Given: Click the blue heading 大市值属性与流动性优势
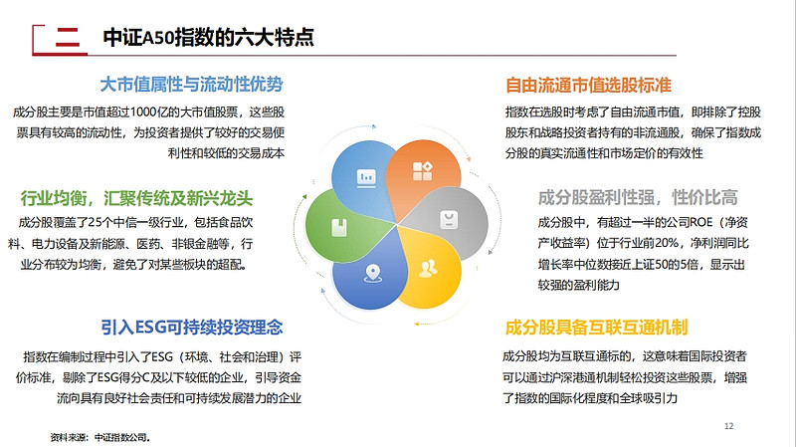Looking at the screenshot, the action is pos(191,85).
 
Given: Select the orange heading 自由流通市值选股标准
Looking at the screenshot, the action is pos(588,85).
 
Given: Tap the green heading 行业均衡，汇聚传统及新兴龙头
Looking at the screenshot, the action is pos(136,198).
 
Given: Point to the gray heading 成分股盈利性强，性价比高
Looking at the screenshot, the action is pos(638,197).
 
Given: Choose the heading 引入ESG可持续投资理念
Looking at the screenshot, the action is pos(192,328).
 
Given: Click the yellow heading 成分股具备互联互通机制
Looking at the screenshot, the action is pos(596,328).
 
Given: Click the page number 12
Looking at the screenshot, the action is pos(728,426).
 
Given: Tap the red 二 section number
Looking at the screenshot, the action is pos(68,38).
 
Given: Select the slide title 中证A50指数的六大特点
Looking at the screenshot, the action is pos(208,37).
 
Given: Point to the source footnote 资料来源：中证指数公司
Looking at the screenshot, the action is pos(100,437).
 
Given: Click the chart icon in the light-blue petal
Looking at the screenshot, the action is pos(366,178).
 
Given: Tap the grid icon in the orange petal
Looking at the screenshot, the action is pos(422,171).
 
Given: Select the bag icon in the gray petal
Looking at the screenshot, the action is pos(449,219).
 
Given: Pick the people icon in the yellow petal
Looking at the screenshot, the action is pos(428,269).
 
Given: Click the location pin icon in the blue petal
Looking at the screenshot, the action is pos(373,274).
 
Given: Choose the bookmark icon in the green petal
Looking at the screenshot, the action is pos(339,228).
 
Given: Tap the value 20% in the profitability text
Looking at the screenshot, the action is pos(666,243).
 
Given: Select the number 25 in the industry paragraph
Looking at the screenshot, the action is pos(95,222).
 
